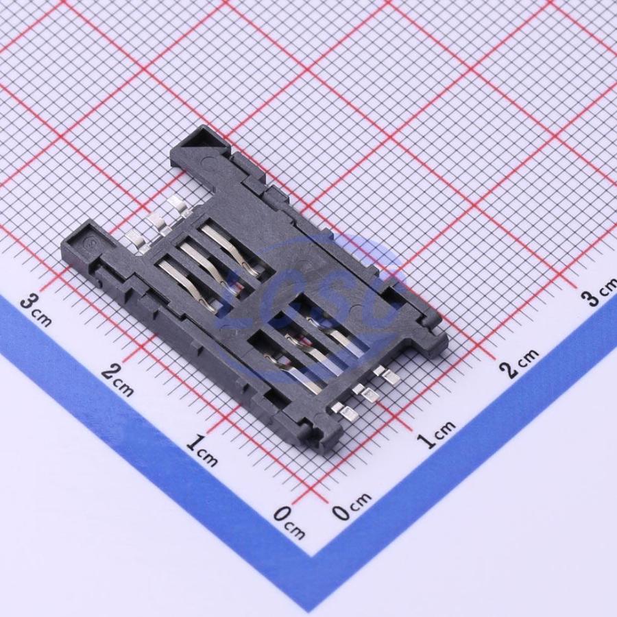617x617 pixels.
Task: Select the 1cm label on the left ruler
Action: coord(202,450)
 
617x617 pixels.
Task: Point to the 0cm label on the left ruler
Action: coord(289,522)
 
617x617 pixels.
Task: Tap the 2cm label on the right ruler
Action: coord(519,364)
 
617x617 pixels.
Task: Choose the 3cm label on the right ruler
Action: coord(600,292)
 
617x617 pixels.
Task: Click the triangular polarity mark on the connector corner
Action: coord(202,139)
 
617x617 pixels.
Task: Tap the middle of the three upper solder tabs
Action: coord(156,223)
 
